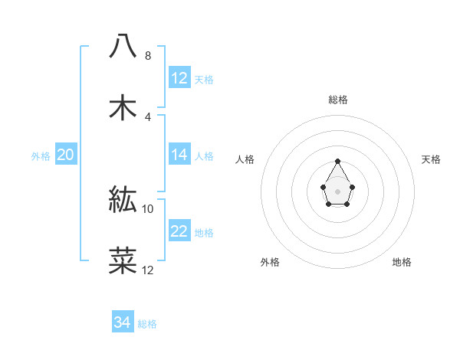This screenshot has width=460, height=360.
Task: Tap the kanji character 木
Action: (x=123, y=107)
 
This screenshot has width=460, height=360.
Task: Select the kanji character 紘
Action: (x=123, y=199)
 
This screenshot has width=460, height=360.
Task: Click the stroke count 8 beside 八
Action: (x=148, y=56)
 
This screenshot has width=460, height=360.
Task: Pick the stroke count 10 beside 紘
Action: (x=148, y=208)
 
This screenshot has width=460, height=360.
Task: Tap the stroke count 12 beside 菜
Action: (x=148, y=270)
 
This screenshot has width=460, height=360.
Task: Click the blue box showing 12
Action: (x=179, y=78)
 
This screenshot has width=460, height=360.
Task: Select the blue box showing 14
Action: (x=179, y=155)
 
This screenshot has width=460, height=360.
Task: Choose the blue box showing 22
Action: (x=179, y=231)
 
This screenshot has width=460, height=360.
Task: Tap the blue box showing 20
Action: (x=66, y=155)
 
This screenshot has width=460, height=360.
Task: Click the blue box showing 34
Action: (x=123, y=322)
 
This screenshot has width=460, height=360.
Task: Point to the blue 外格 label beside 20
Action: (x=41, y=156)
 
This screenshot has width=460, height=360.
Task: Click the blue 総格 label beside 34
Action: (x=147, y=324)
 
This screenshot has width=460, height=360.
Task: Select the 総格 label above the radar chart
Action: (x=337, y=100)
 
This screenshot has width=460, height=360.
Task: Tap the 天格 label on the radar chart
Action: (x=432, y=159)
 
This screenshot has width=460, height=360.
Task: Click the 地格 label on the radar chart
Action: (x=402, y=262)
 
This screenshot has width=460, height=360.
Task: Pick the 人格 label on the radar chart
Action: (x=245, y=159)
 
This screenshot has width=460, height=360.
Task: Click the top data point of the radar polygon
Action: (x=337, y=161)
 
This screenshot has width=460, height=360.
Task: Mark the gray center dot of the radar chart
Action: (x=337, y=191)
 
